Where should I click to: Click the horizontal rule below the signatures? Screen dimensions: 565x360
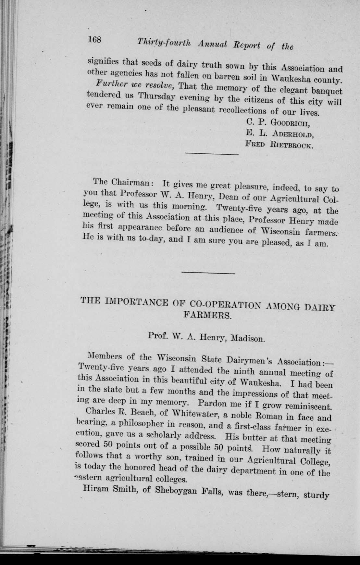212,154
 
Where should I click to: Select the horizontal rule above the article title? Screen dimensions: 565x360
208,273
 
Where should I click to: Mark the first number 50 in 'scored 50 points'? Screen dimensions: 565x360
112,443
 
